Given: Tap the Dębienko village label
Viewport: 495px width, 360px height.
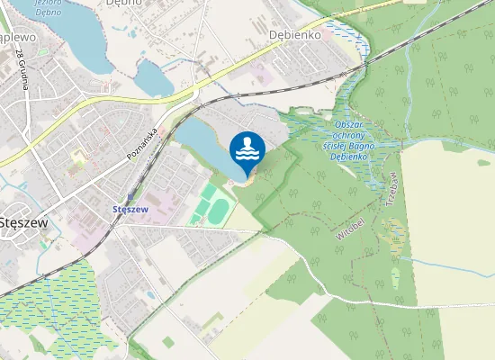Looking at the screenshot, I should pyautogui.click(x=294, y=33).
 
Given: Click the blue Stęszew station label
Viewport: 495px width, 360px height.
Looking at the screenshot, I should pyautogui.click(x=130, y=208).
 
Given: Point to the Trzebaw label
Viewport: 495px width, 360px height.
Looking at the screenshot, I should pyautogui.click(x=392, y=189).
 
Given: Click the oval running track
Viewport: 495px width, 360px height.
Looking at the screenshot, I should pyautogui.click(x=219, y=210).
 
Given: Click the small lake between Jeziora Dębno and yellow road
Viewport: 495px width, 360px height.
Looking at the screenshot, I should pyautogui.click(x=155, y=81).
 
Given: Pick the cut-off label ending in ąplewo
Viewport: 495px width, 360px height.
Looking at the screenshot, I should pyautogui.click(x=16, y=37).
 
